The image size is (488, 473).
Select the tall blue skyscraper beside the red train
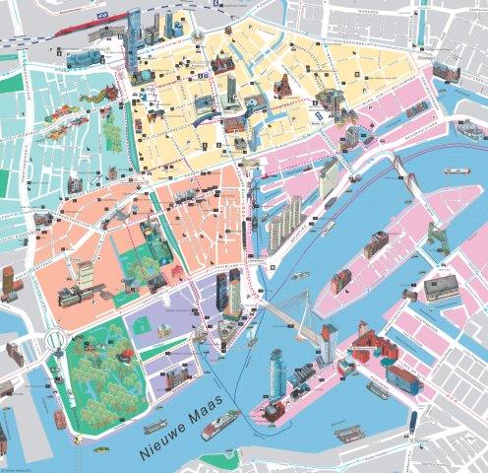pos(134,30)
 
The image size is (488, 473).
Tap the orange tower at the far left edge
pos(9,283)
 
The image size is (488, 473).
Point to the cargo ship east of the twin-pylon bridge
pos(455,169)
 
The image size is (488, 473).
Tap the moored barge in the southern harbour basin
pos(349,432)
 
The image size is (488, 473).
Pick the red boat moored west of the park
pos(60,419)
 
